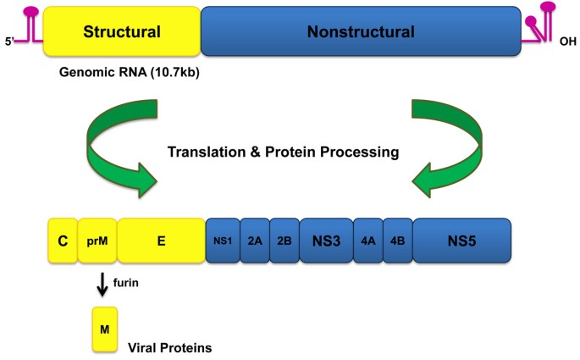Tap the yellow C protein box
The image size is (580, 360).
coord(63,241)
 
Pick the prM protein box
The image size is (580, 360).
coord(97,241)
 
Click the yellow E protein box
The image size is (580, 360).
coord(161,241)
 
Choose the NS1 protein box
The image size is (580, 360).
coord(223,241)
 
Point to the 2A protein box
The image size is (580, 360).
coord(255,241)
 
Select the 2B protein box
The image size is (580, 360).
coord(284,241)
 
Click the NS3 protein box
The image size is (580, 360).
coord(326,241)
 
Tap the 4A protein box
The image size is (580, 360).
coord(367,241)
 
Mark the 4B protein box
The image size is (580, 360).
coord(397,241)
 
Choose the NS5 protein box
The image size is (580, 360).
coord(461,241)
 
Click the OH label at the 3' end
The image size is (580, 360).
coord(567,38)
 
